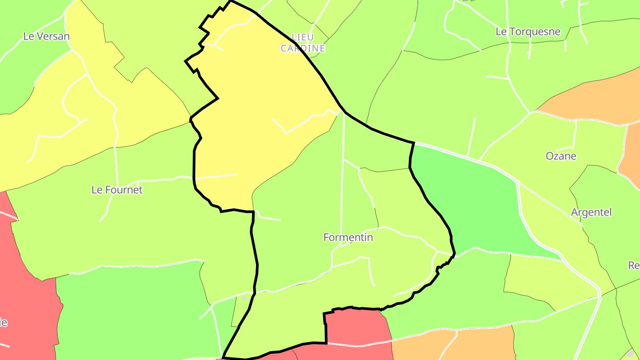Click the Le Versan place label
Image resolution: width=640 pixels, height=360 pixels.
click(x=46, y=36)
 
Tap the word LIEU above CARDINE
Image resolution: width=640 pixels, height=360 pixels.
click(x=303, y=37)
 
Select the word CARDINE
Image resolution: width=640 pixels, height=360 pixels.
click(x=303, y=48)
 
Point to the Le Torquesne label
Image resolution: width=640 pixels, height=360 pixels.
click(x=528, y=32)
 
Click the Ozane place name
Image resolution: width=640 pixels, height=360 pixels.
click(x=561, y=156)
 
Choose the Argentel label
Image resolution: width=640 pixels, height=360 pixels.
click(x=591, y=212)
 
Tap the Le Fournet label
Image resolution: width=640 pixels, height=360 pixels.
click(x=117, y=190)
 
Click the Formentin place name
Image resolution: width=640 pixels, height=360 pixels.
click(x=348, y=237)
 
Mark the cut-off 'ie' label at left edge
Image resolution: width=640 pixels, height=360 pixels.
click(x=4, y=322)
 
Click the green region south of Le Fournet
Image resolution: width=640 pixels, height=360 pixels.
click(x=133, y=311)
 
